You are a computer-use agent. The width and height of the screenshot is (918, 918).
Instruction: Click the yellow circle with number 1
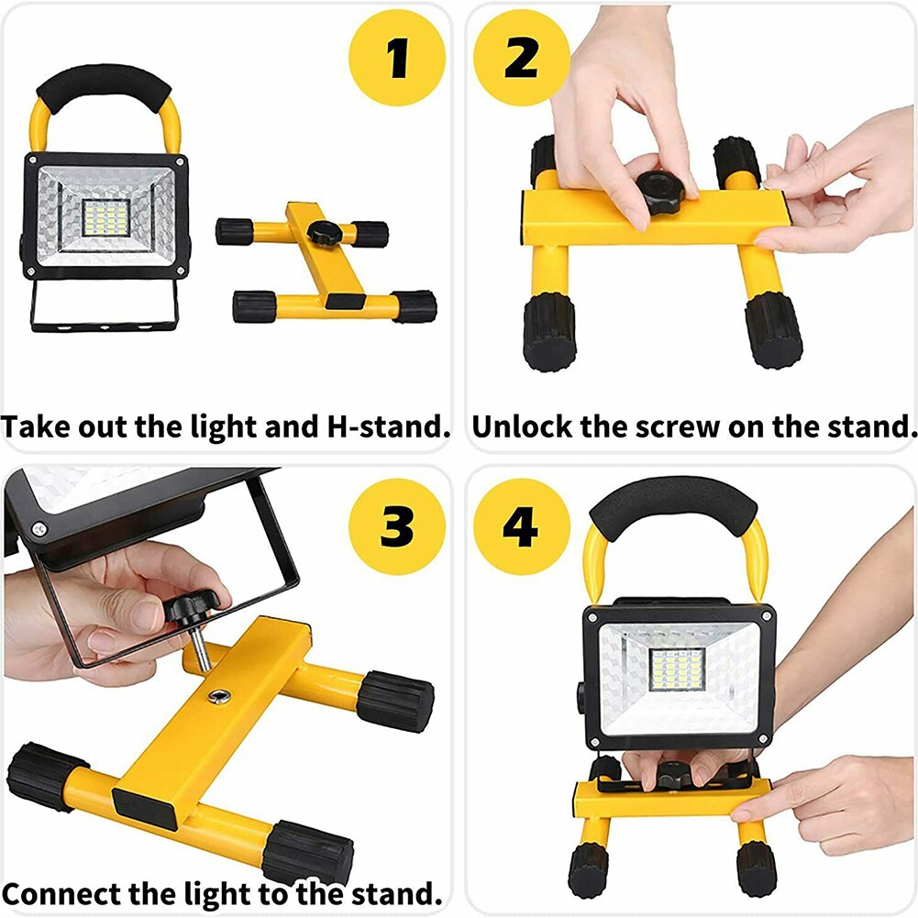[x=397, y=59]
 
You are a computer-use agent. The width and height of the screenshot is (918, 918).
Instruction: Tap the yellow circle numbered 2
[x=522, y=59]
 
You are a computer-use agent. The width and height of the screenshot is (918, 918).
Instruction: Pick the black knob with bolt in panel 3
[x=195, y=608]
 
